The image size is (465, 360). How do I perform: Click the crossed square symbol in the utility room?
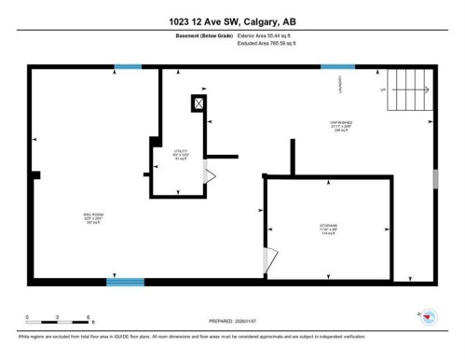pos(198,104)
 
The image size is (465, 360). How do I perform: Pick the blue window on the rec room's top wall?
pos(128,67)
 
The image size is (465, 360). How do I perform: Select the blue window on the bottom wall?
pos(125,282)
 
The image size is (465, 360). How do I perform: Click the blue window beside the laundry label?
pos(331,67)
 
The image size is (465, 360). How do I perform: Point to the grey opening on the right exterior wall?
pos(434,179)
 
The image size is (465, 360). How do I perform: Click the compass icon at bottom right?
pos(430,318)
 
